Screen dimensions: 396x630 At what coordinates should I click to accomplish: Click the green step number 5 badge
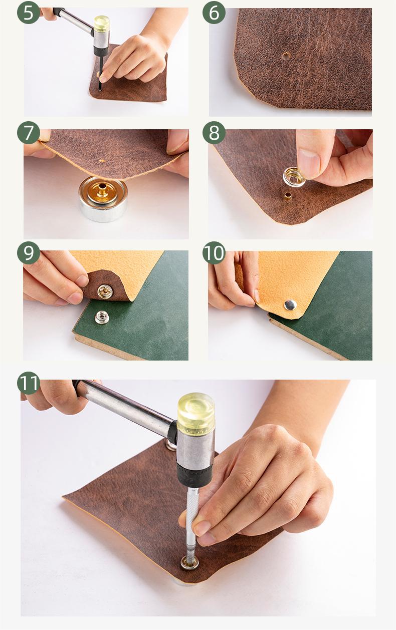tap(29, 13)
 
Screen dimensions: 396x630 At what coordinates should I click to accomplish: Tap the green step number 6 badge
tap(214, 13)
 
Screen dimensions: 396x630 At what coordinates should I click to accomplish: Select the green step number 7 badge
tap(29, 133)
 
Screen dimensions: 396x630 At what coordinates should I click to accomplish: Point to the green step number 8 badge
tap(214, 133)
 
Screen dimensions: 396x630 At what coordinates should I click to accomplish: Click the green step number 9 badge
tap(29, 252)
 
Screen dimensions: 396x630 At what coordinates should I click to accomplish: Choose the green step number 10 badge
tap(214, 252)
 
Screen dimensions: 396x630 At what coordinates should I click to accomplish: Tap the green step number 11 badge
tap(29, 383)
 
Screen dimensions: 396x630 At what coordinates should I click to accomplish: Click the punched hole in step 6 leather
tap(286, 56)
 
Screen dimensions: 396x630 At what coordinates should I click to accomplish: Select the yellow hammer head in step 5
tap(101, 24)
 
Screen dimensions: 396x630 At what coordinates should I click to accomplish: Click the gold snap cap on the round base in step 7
tap(103, 190)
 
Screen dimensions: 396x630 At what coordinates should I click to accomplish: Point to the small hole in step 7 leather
tap(102, 161)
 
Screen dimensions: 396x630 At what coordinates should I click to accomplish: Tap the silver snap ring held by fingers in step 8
tap(294, 177)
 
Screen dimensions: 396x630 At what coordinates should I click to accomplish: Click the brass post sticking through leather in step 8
tap(287, 195)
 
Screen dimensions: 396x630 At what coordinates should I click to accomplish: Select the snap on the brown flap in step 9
tap(105, 291)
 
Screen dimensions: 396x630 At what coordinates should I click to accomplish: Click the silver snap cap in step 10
tap(290, 305)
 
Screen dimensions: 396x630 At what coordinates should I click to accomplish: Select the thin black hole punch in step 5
tap(100, 72)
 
